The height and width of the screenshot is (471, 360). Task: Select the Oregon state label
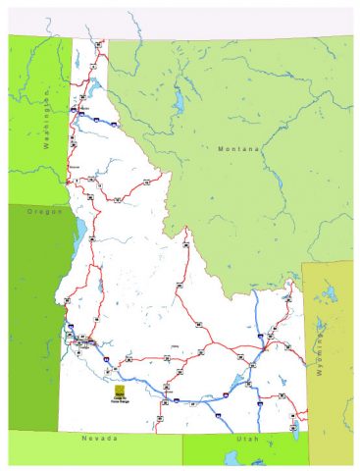click(45, 211)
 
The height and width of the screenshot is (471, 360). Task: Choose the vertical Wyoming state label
click(319, 354)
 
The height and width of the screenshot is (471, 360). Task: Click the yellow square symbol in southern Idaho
click(120, 390)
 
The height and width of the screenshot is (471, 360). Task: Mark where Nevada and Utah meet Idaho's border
click(182, 432)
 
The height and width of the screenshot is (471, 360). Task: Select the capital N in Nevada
click(84, 439)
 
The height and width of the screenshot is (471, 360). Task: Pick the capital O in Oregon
click(30, 211)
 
